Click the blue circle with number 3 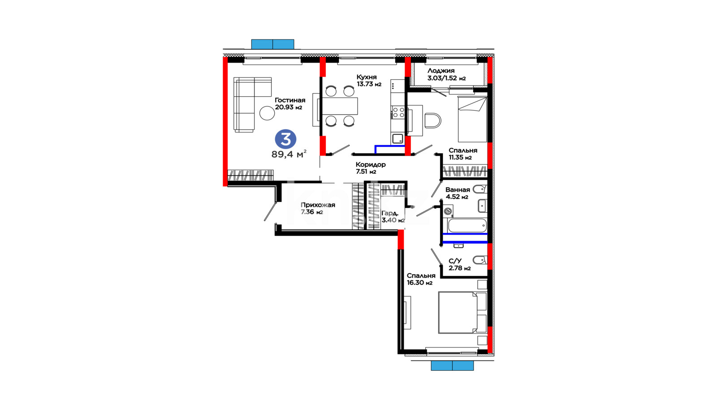285,139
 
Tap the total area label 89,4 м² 289,154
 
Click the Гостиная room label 290,100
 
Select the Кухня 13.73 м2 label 369,81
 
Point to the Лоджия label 441,71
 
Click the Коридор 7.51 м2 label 371,168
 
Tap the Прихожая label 318,205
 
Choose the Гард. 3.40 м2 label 393,217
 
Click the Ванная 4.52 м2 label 458,193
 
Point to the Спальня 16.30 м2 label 421,279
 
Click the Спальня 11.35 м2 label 463,154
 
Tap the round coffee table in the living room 267,113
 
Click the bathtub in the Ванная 467,226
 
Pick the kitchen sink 398,139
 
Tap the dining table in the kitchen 340,106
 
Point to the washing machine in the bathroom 448,211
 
